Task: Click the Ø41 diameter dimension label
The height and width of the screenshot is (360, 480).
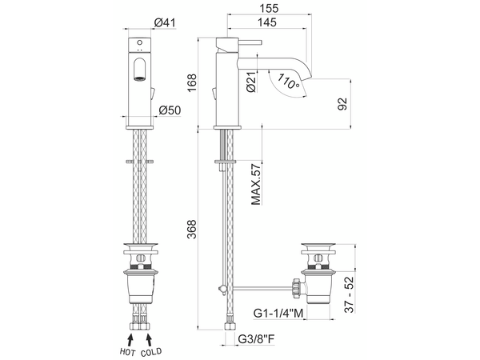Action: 165,22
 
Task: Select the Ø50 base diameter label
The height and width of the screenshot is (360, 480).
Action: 170,110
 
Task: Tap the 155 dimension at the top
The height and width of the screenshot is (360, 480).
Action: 270,8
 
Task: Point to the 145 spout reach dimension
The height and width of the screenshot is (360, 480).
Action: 267,22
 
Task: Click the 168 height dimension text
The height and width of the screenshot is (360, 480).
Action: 192,82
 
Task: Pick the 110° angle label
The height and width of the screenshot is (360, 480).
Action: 288,81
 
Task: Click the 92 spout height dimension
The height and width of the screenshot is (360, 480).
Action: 342,104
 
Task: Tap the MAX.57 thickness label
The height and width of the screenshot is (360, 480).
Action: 256,184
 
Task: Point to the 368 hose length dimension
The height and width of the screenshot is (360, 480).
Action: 192,229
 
